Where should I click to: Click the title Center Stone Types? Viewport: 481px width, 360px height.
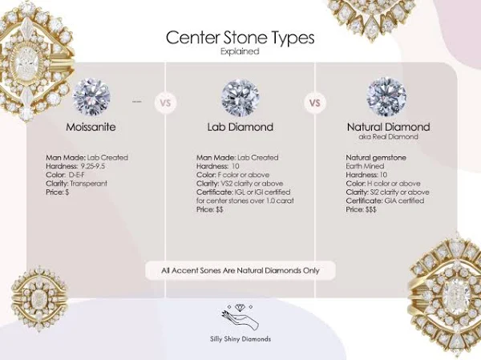click(240, 38)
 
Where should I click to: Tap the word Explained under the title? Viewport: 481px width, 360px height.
click(240, 51)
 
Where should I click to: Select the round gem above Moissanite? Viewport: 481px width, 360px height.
click(91, 97)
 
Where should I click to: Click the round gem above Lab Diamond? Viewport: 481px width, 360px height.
click(240, 98)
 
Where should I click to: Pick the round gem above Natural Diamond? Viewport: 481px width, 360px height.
click(386, 97)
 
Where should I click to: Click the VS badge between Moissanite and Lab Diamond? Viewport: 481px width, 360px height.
click(165, 103)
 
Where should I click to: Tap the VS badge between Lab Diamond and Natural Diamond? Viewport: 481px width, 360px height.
click(315, 103)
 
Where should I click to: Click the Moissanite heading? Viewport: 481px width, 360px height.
click(91, 127)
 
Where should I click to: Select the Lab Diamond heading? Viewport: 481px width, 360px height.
click(240, 127)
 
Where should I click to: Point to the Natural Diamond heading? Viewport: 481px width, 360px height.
click(388, 127)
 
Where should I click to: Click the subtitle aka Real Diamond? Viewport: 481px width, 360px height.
click(388, 136)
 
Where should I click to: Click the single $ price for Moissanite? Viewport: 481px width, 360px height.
click(67, 192)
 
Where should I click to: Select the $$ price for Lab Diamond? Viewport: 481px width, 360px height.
click(220, 209)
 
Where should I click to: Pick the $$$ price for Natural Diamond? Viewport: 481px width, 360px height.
click(370, 209)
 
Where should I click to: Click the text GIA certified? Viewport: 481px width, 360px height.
click(404, 201)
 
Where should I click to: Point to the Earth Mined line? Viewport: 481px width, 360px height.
click(365, 166)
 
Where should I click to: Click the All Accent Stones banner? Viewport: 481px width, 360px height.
click(240, 271)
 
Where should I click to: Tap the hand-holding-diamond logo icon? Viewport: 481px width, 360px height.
click(240, 318)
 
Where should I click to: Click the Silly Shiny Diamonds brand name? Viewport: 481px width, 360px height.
click(240, 339)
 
